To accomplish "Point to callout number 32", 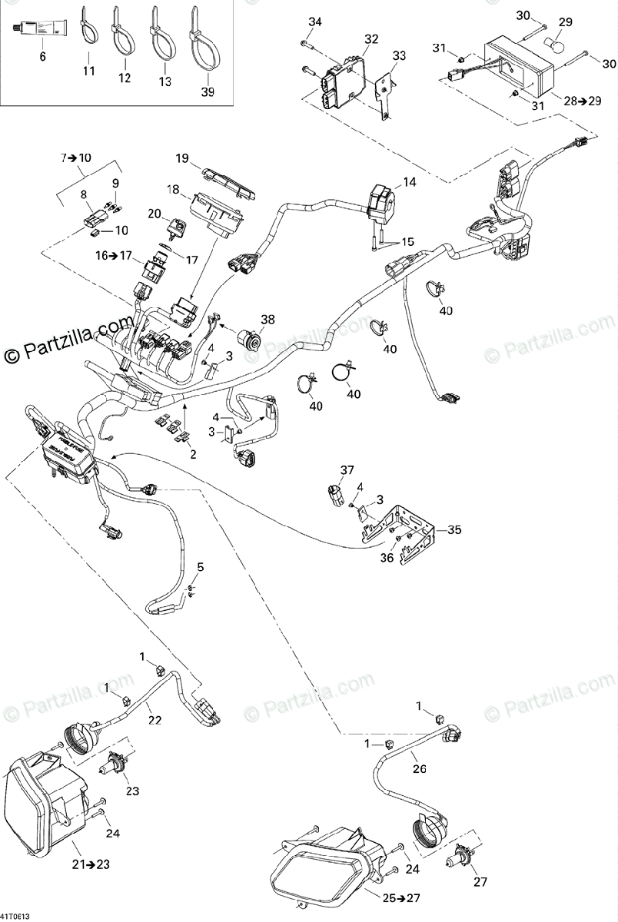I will point(371,38).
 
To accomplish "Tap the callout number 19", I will point(181,159).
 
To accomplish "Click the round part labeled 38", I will point(252,338).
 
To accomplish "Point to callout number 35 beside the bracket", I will point(455,529).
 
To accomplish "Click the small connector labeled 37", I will point(336,497).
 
